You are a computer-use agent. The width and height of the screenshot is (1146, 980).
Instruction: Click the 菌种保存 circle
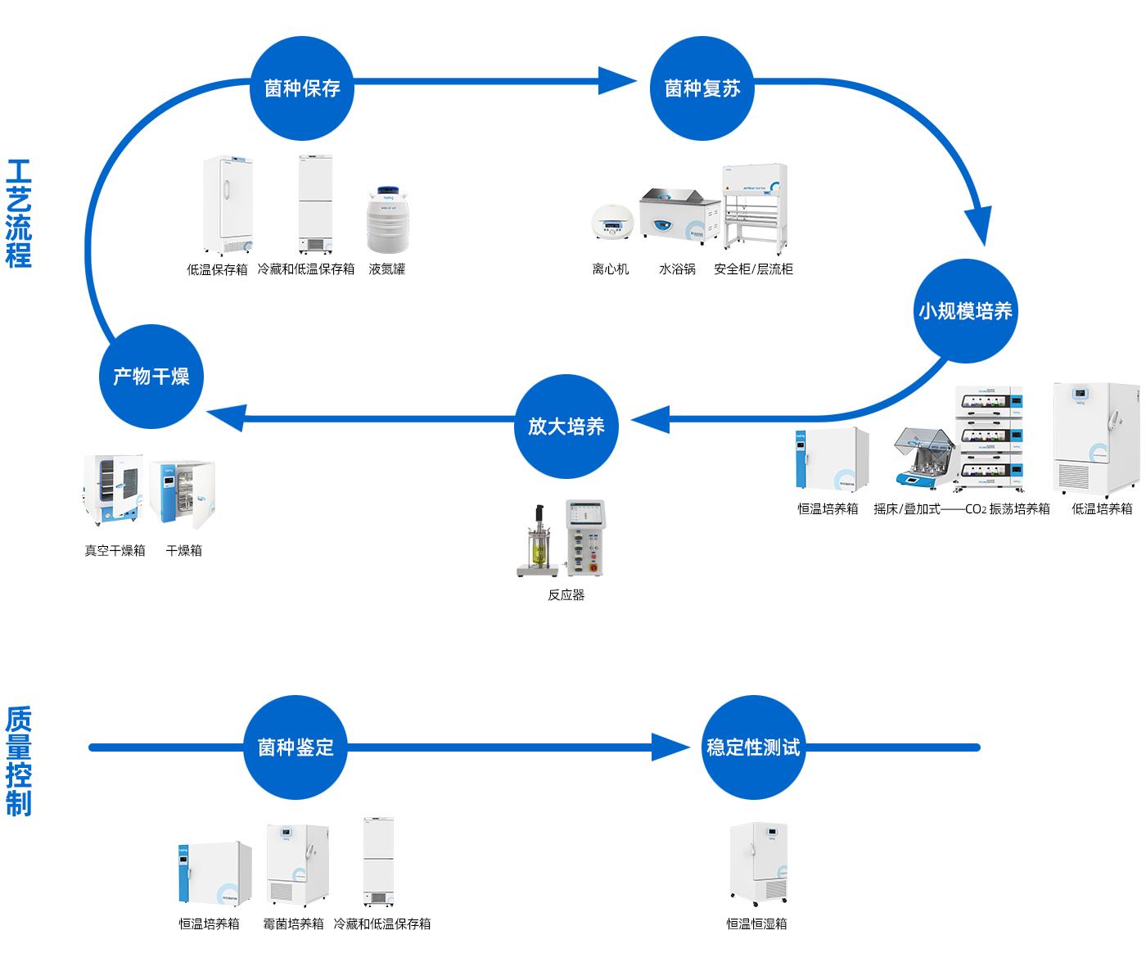[301, 88]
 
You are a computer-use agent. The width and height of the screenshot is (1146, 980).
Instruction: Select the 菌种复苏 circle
[702, 88]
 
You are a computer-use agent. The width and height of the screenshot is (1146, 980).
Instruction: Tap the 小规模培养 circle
[965, 310]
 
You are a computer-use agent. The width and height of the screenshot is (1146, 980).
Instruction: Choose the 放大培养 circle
[566, 426]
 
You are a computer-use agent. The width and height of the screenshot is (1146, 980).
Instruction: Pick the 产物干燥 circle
[151, 376]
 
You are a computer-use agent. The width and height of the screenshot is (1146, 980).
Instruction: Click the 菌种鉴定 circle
[295, 747]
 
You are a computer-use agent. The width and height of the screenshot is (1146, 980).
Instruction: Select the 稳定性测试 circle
[753, 747]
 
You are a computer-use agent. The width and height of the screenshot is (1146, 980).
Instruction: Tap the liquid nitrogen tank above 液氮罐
[387, 219]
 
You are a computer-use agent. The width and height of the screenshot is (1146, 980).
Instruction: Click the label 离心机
[610, 269]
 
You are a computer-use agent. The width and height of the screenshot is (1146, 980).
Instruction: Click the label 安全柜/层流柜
[753, 269]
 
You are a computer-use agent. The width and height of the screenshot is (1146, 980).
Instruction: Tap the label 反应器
[566, 594]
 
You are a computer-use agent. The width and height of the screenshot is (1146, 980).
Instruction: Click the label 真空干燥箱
[115, 550]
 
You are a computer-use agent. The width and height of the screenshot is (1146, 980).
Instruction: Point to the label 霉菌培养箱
[293, 924]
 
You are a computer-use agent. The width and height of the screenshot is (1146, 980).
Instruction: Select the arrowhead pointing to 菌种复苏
[617, 81]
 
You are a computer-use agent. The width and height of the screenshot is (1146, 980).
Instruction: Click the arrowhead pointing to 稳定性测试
[670, 747]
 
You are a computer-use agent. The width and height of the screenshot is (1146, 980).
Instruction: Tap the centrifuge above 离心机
[611, 222]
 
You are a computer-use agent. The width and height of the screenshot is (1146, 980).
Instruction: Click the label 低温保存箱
[217, 269]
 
